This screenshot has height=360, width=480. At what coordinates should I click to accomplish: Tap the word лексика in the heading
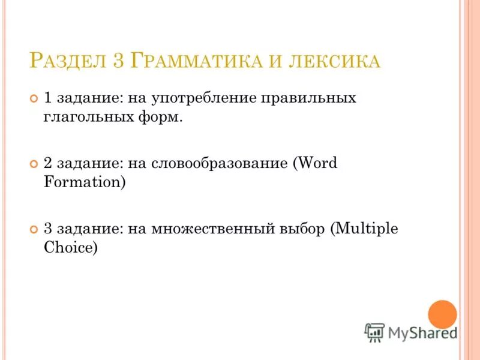click(x=332, y=61)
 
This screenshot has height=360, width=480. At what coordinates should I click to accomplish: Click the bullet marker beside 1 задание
click(x=34, y=98)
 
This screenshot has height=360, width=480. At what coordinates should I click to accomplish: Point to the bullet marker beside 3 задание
click(x=34, y=230)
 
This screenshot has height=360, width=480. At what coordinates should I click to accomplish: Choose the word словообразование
click(x=221, y=164)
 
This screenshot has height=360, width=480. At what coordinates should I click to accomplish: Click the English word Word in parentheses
click(x=317, y=164)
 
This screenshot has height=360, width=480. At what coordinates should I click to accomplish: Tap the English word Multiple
click(x=367, y=229)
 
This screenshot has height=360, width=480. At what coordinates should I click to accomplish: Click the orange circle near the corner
click(x=443, y=314)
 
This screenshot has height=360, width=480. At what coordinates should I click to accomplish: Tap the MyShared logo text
click(x=421, y=331)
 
